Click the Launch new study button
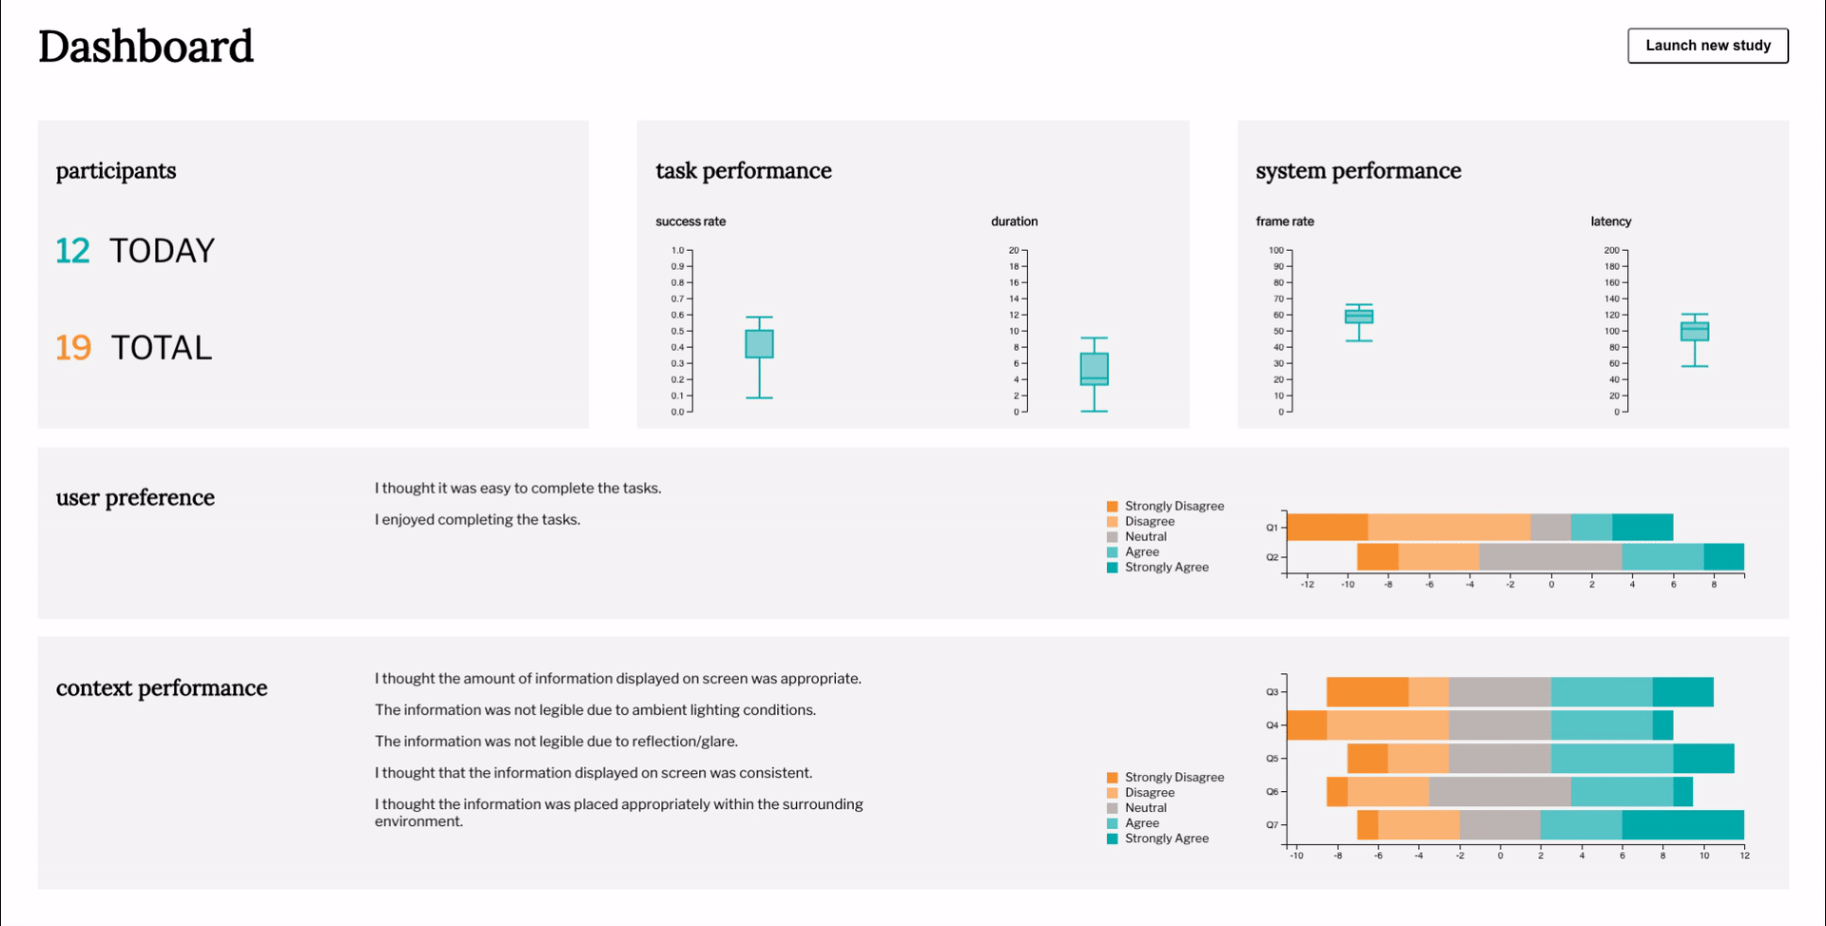coord(1707,46)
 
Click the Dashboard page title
coord(146,47)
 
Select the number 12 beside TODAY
coord(72,251)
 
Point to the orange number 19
coord(73,348)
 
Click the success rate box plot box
coord(759,343)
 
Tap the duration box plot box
coord(1094,368)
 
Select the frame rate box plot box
coord(1358,316)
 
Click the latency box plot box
coord(1694,331)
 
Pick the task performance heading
coord(743,171)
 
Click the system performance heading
coord(1357,171)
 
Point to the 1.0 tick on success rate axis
coord(677,251)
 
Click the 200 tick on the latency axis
coord(1611,251)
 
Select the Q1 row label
coord(1272,528)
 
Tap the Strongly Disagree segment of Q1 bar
coord(1327,527)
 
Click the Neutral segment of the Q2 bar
coord(1550,557)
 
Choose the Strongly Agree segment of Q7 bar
coord(1682,825)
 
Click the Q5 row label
coord(1272,759)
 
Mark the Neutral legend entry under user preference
coord(1145,537)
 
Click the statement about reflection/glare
coord(556,742)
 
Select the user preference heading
coord(135,498)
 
